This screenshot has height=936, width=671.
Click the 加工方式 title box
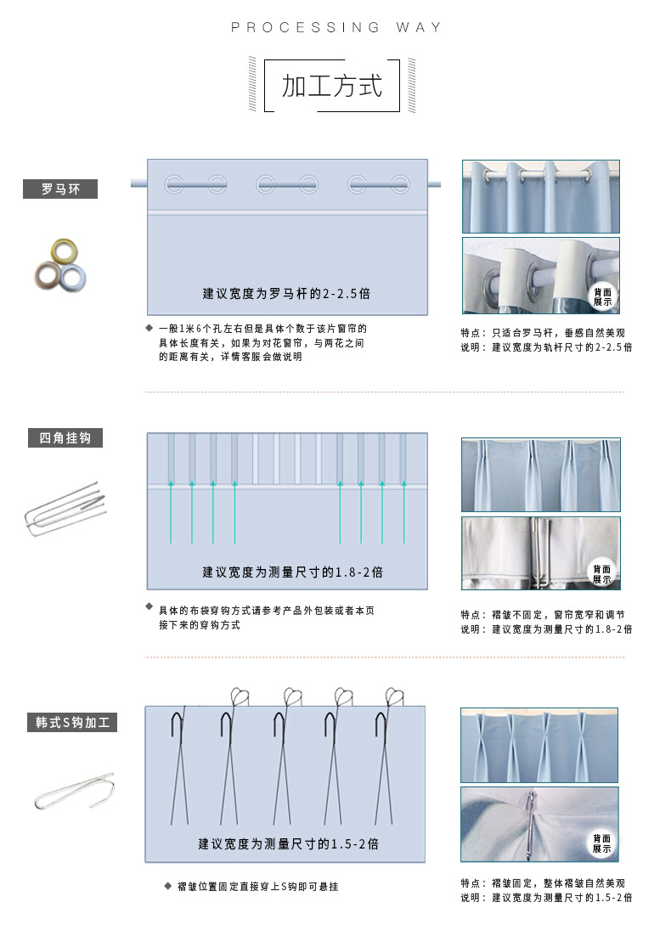(332, 86)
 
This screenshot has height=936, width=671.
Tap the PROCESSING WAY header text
(336, 28)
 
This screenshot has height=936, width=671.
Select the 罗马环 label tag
(60, 189)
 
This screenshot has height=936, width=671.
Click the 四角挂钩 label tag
(65, 438)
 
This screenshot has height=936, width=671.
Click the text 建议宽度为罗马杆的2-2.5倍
(286, 294)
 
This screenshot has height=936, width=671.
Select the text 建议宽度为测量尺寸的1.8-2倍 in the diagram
(292, 572)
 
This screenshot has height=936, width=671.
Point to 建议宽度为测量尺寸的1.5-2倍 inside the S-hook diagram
(289, 844)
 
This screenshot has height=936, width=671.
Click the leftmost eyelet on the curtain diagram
(173, 183)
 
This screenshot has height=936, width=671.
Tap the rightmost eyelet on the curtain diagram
(399, 183)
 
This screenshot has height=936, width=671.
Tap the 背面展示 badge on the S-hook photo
(602, 843)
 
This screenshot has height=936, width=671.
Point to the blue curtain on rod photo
(541, 196)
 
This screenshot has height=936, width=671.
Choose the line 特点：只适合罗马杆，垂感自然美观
(543, 333)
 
